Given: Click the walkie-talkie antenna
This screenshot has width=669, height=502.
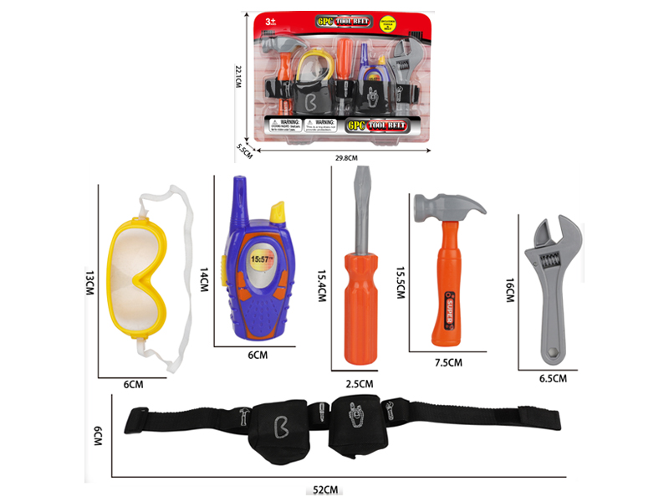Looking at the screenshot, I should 240,197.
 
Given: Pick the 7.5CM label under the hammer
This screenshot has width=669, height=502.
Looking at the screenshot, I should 448,362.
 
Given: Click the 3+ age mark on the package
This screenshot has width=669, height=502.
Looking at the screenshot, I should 269,18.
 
